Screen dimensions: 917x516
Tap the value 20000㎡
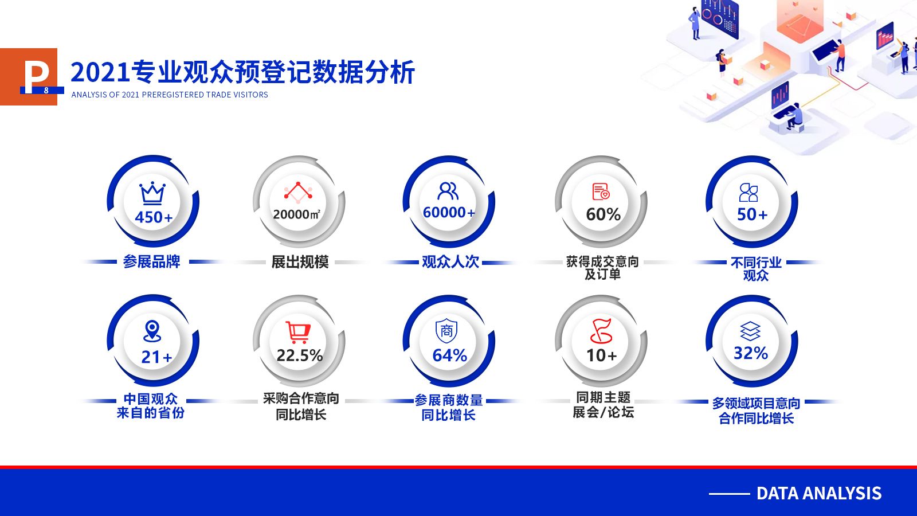pyautogui.click(x=297, y=214)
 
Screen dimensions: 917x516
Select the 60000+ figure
pyautogui.click(x=449, y=213)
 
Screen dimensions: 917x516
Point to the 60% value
pyautogui.click(x=603, y=214)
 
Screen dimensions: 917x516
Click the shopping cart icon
pyautogui.click(x=298, y=332)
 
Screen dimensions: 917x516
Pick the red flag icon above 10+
pyautogui.click(x=601, y=331)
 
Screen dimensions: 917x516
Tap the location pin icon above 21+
pyautogui.click(x=152, y=331)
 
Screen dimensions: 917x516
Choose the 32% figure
pyautogui.click(x=750, y=353)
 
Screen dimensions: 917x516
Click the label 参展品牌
pyautogui.click(x=151, y=261)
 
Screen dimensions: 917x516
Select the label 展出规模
pyautogui.click(x=300, y=262)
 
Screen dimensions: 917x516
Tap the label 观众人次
pyautogui.click(x=450, y=262)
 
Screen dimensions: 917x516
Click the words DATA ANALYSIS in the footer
pyautogui.click(x=819, y=494)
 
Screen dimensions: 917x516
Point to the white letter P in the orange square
pyautogui.click(x=36, y=77)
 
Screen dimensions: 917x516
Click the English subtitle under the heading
pyautogui.click(x=170, y=95)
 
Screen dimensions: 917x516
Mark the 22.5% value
pyautogui.click(x=300, y=355)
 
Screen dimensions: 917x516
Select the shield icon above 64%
pyautogui.click(x=446, y=331)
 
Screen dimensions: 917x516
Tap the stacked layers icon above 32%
pyautogui.click(x=750, y=331)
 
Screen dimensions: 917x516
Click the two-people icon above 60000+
pyautogui.click(x=448, y=191)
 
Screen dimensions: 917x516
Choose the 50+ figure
pyautogui.click(x=752, y=214)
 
